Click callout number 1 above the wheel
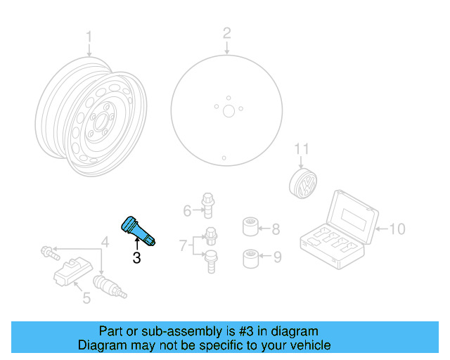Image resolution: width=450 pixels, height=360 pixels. click(x=89, y=36)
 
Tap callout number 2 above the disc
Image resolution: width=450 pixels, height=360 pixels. click(x=226, y=32)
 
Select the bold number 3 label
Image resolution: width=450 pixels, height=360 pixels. click(x=136, y=258)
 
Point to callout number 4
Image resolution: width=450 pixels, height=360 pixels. click(x=104, y=243)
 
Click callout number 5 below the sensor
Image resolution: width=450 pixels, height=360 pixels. click(x=86, y=298)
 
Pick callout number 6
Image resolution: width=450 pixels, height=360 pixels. click(x=187, y=210)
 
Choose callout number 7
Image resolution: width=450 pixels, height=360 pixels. click(x=182, y=245)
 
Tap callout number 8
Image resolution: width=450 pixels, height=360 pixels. click(x=276, y=229)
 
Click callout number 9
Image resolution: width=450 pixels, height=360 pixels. click(x=276, y=257)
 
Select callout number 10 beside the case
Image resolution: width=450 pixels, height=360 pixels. click(x=397, y=229)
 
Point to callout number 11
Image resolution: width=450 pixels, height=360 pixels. click(x=301, y=149)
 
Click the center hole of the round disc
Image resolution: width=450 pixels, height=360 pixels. click(x=227, y=110)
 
